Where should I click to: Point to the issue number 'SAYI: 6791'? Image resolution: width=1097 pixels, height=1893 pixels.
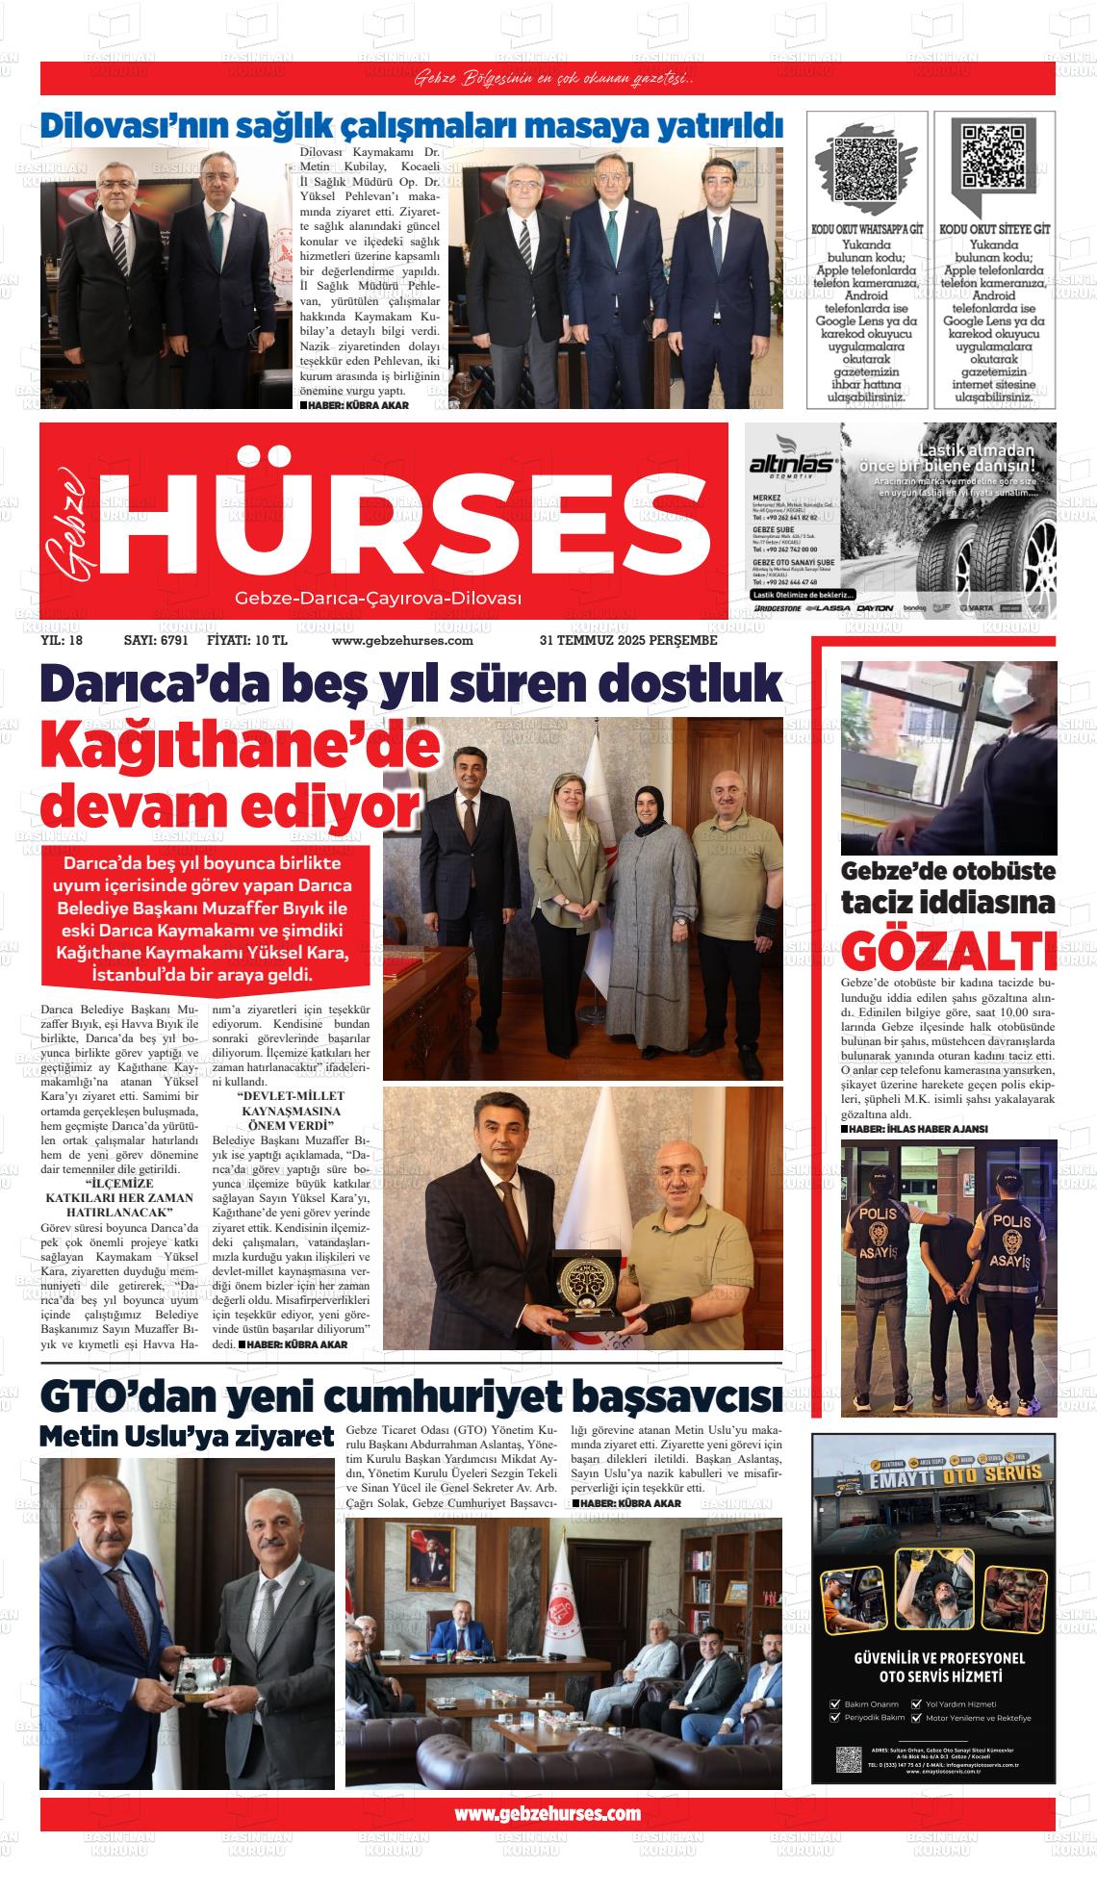click(156, 640)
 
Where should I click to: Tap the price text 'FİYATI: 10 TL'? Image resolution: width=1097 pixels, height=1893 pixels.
click(247, 640)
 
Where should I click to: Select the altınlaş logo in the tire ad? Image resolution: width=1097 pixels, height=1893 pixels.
click(791, 465)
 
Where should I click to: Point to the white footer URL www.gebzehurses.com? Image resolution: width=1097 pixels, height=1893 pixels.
click(548, 1813)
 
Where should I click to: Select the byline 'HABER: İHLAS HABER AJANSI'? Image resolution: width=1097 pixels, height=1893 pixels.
click(906, 1128)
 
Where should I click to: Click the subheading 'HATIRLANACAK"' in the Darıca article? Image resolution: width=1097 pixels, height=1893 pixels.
click(119, 1214)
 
